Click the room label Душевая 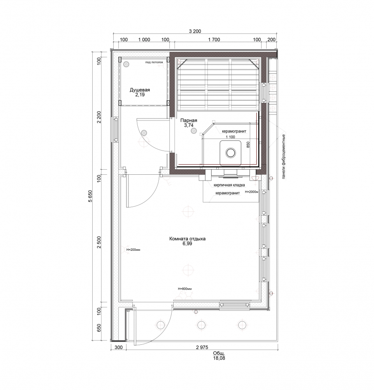[140, 90]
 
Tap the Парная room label [189, 121]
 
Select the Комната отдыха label [187, 239]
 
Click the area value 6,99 [187, 244]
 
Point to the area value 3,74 [189, 125]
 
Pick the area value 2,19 [140, 95]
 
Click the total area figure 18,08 [219, 358]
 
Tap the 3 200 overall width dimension [195, 31]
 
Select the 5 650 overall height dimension [90, 196]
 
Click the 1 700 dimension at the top [214, 39]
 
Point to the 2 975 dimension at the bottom [202, 347]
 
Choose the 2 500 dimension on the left [99, 242]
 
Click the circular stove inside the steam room [230, 153]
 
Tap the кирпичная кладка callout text [229, 185]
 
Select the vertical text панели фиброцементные [283, 156]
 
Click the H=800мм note [184, 289]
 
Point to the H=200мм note [133, 250]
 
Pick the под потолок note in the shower [154, 62]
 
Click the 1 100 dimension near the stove [230, 137]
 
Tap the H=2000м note [252, 192]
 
